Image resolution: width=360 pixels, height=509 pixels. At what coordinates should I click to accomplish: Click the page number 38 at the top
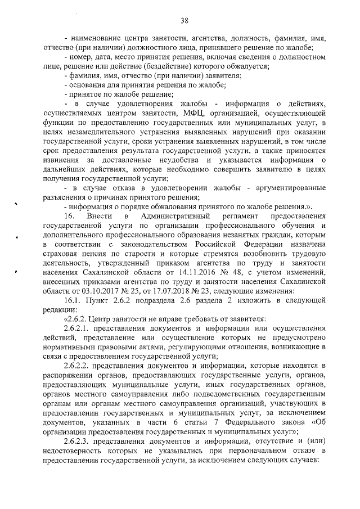[x=184, y=21]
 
